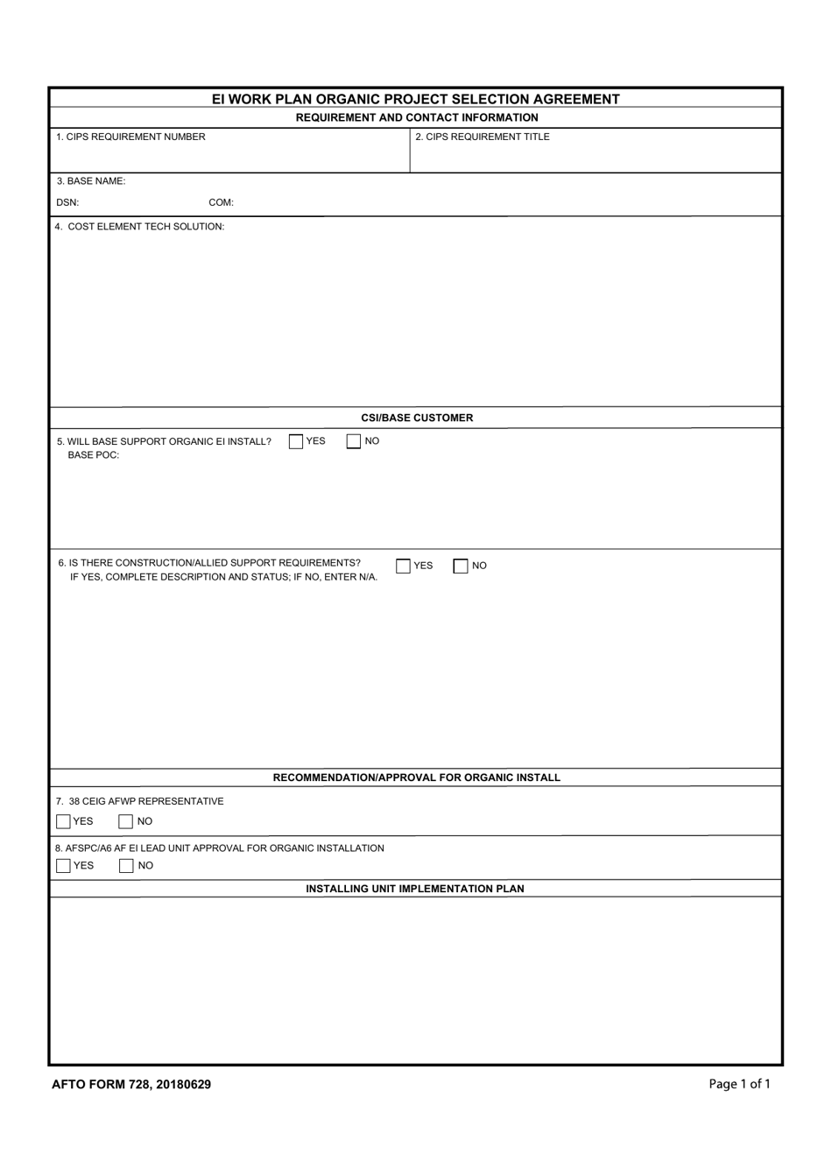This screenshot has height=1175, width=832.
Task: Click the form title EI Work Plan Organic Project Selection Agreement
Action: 415,99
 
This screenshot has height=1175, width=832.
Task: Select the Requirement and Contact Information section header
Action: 417,117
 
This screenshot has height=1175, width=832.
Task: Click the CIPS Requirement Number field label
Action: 130,137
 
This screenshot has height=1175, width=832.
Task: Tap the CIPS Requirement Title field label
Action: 483,137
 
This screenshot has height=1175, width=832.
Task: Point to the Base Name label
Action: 91,181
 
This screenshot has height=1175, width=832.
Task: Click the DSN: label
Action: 67,202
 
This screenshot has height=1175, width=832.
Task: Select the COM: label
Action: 221,202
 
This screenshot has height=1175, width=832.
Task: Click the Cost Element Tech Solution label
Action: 140,227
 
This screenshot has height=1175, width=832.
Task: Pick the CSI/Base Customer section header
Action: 417,418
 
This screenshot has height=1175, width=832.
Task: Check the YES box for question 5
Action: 296,441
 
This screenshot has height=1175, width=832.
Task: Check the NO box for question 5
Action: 354,441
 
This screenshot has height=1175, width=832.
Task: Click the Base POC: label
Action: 94,455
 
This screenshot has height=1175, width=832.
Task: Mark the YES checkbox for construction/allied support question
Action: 403,566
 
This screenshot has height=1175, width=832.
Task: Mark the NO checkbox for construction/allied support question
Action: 461,566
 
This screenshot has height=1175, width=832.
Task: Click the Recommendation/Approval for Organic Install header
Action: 417,777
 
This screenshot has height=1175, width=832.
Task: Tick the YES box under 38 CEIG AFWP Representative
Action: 63,821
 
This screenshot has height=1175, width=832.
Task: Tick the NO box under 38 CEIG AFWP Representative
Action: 126,821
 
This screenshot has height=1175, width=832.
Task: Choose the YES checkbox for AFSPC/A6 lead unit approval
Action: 63,866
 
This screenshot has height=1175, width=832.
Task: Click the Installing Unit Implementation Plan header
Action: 415,889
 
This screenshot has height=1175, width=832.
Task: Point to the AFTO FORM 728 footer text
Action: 131,1084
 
